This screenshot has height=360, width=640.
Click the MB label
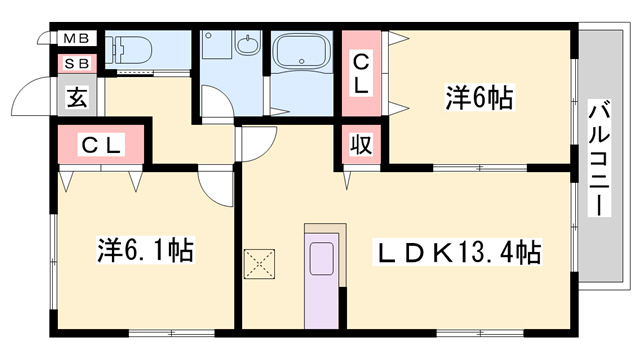coord(76,39)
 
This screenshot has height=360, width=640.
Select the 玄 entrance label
coord(76,97)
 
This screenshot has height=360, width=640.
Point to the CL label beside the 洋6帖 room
coord(362,73)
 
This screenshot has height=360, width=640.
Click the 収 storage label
coord(361,144)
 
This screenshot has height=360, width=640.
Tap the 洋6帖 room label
coord(479,98)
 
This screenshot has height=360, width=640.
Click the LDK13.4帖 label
coord(458,250)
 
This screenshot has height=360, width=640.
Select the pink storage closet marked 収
coord(361,144)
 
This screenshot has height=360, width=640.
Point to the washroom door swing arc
coord(214,100)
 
